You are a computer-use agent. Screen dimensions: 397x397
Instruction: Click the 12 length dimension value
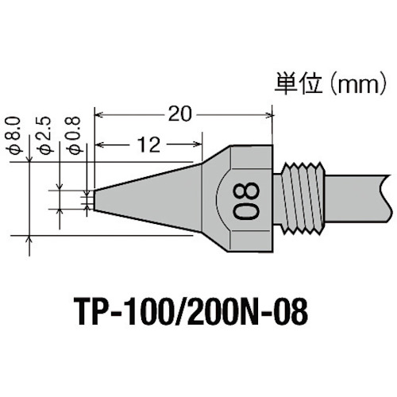coord(146,144)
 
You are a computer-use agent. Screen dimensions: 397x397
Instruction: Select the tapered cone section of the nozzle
coord(151,195)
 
